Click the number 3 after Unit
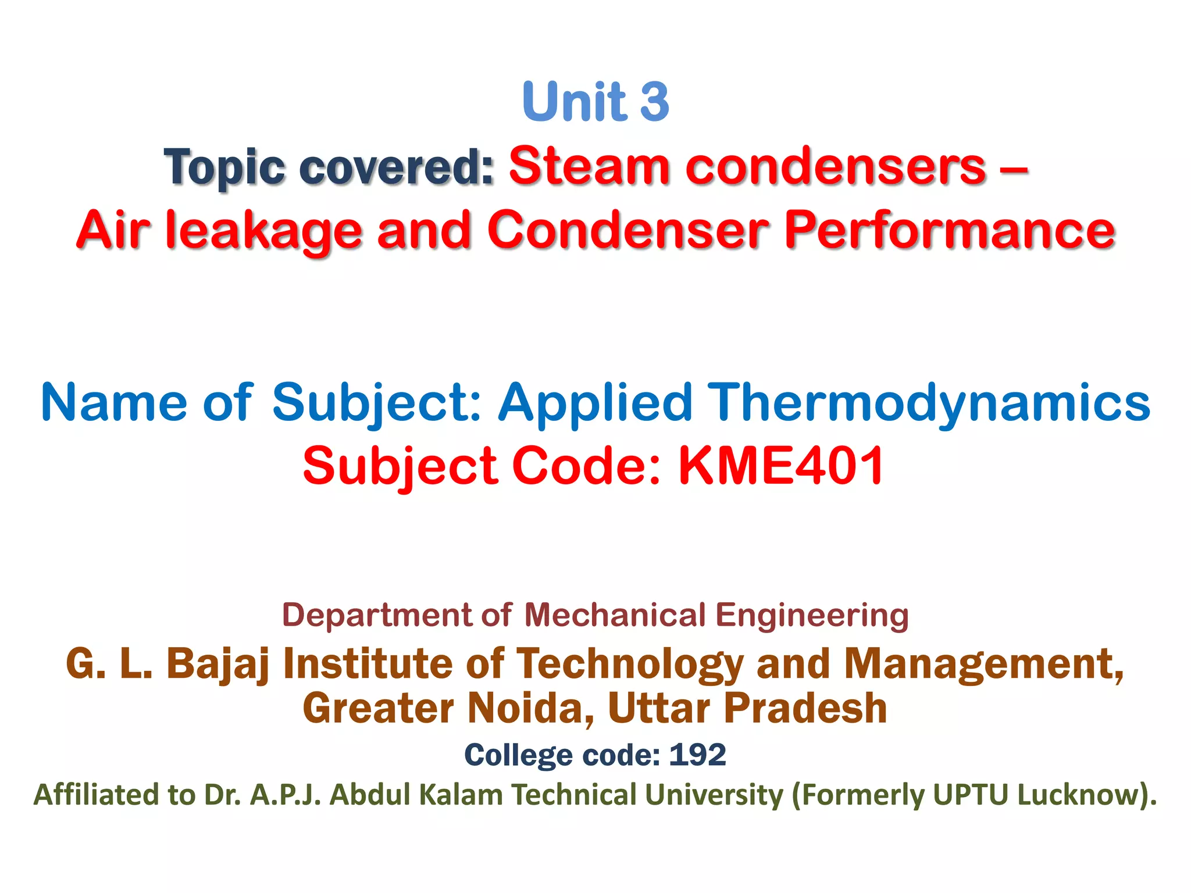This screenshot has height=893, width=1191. (655, 101)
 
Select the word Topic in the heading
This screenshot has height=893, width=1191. (224, 167)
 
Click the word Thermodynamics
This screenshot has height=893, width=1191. (930, 403)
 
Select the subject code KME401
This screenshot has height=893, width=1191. (781, 466)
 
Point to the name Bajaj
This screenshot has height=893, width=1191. (218, 664)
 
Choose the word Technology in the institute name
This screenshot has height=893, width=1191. (630, 664)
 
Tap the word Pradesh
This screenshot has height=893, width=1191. (805, 708)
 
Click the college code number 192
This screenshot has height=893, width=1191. (697, 755)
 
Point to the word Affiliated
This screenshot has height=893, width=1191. (96, 794)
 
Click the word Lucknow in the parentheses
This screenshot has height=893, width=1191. (1076, 794)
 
